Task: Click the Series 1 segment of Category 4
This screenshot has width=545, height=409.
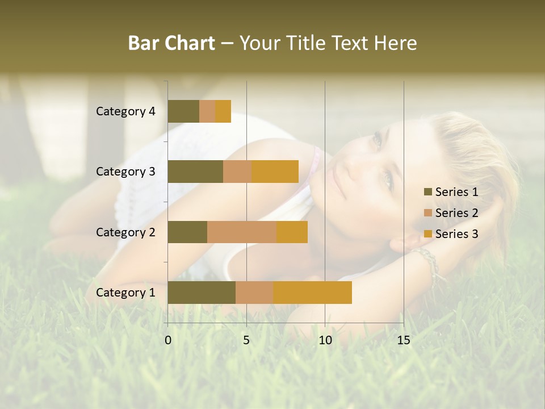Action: click(183, 111)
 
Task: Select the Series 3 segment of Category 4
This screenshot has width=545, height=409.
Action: click(223, 111)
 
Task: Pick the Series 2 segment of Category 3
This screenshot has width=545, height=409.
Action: click(237, 172)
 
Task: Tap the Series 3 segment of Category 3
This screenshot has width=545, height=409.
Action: click(275, 172)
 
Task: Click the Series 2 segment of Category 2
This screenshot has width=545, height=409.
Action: click(242, 232)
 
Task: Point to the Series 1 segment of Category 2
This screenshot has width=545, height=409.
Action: click(187, 232)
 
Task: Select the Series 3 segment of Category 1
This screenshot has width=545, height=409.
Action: click(312, 293)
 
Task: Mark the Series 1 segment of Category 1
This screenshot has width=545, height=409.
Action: click(202, 293)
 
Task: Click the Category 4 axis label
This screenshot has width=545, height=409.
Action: click(125, 111)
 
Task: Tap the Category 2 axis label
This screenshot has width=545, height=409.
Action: click(125, 232)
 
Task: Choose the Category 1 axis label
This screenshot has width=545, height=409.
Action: click(125, 293)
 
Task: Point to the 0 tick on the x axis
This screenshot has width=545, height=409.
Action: click(168, 340)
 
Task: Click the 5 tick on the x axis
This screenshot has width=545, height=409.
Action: click(246, 340)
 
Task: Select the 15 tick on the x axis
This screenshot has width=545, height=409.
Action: click(403, 340)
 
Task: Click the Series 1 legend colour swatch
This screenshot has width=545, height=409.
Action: click(428, 192)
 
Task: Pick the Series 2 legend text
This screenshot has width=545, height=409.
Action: click(456, 213)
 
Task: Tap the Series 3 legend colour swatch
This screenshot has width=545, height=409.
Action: click(428, 234)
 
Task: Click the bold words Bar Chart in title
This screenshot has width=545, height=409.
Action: click(171, 43)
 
